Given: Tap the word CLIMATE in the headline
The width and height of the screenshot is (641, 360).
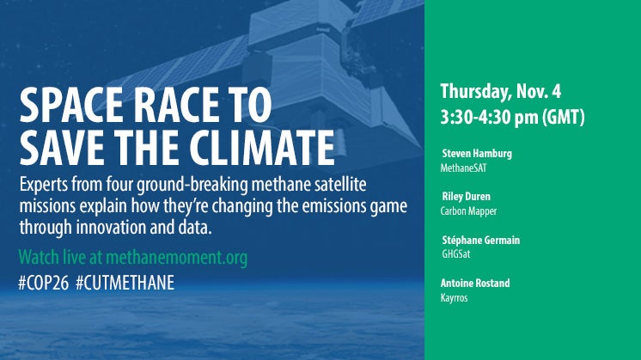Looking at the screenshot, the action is click(262, 148).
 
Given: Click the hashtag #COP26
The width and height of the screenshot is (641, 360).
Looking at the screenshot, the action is click(43, 283).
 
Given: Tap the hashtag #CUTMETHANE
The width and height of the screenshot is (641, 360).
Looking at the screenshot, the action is click(125, 283).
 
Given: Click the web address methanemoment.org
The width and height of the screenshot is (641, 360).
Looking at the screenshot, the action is click(177, 258).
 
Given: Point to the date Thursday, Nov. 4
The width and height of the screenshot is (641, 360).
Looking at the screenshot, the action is click(500, 92).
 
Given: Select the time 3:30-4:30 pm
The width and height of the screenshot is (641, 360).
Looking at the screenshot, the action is click(489, 117).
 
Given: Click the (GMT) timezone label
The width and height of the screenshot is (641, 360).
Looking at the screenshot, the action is click(564, 117).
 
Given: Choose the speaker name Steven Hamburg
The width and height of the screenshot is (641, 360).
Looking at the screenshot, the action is click(477, 154).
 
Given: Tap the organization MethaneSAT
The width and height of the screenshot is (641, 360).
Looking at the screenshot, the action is click(463, 168).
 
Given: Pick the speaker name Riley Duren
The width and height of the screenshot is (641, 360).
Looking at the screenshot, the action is click(466, 197).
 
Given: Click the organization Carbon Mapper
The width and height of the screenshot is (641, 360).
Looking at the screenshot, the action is click(468, 211).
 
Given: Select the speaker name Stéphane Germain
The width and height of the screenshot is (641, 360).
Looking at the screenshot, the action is click(481, 240).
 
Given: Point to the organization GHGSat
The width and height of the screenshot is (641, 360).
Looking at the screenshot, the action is click(455, 254).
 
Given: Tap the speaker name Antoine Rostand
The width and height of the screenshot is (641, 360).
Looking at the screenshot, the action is click(475, 283).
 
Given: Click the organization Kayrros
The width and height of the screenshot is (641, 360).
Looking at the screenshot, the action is click(454, 297).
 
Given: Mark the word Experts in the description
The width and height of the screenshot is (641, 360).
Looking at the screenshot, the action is click(44, 185).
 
